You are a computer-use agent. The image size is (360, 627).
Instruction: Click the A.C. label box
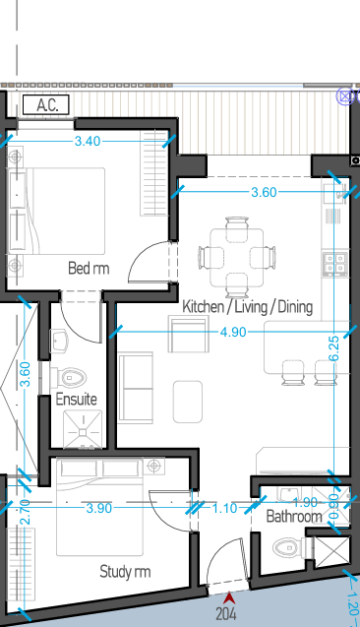click(x=46, y=104)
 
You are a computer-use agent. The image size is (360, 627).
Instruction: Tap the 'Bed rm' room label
click(x=89, y=268)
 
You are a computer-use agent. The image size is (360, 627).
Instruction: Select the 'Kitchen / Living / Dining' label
click(x=247, y=307)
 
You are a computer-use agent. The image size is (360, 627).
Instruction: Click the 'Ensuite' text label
click(x=76, y=399)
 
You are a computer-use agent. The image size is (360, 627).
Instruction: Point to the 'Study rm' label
click(x=125, y=572)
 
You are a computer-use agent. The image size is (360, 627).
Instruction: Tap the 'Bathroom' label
click(x=294, y=516)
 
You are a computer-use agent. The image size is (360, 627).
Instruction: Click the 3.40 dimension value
click(x=88, y=141)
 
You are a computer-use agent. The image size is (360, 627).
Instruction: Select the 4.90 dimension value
click(x=233, y=332)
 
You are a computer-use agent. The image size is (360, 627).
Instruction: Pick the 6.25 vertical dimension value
click(x=334, y=348)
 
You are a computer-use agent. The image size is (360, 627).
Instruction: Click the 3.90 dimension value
click(x=99, y=508)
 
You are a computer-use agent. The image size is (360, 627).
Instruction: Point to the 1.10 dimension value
click(x=224, y=508)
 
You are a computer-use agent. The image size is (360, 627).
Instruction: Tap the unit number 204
click(x=226, y=614)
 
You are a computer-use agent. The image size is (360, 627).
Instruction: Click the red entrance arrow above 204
click(x=228, y=598)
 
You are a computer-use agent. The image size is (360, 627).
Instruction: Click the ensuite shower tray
click(x=83, y=429)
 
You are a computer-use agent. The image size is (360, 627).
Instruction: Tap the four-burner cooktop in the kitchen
click(x=335, y=264)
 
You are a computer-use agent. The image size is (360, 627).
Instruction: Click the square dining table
click(x=236, y=258)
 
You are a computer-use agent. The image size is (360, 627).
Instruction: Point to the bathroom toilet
click(x=291, y=547)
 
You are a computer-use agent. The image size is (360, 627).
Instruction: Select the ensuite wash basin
click(x=59, y=342)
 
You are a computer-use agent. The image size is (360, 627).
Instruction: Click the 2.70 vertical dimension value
click(x=25, y=512)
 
